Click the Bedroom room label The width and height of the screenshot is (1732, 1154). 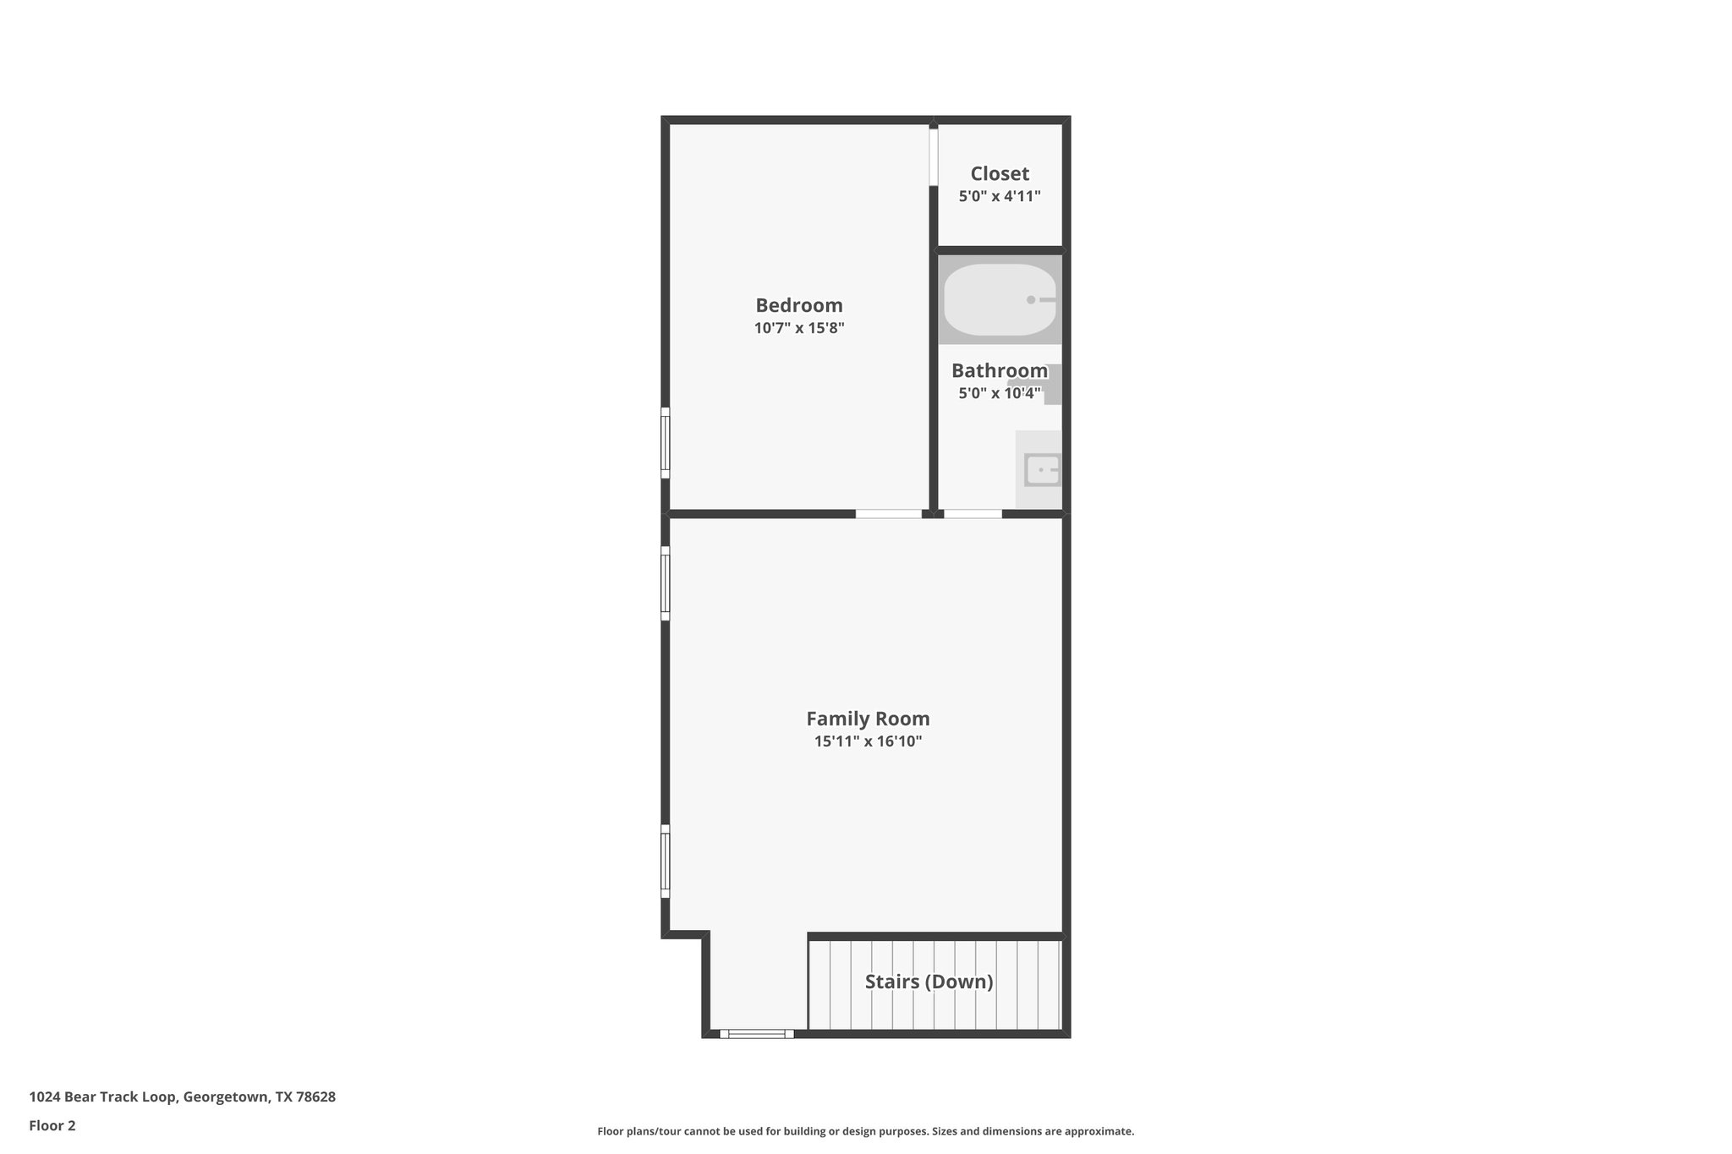pos(798,305)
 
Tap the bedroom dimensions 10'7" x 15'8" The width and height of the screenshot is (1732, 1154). pos(799,328)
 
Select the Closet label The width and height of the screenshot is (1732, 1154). pos(1000,173)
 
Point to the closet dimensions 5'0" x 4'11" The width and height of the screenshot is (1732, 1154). pos(1000,196)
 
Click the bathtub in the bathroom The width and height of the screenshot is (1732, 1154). pos(999,300)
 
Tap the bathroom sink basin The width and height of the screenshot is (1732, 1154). pos(1042,470)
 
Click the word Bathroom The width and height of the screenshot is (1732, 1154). pos(999,370)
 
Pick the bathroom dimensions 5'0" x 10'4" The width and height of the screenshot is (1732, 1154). pos(999,393)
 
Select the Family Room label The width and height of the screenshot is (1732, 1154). pos(868,719)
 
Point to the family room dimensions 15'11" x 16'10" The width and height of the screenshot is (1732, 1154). pos(868,741)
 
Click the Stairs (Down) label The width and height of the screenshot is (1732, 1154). pos(929,982)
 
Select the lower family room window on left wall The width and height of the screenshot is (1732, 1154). pos(666,861)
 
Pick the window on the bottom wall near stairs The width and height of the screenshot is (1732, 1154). pos(757,1033)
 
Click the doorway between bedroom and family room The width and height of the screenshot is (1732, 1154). pos(889,513)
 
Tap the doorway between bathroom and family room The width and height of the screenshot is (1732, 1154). pos(973,513)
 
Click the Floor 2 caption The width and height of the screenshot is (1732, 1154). pos(52,1125)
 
